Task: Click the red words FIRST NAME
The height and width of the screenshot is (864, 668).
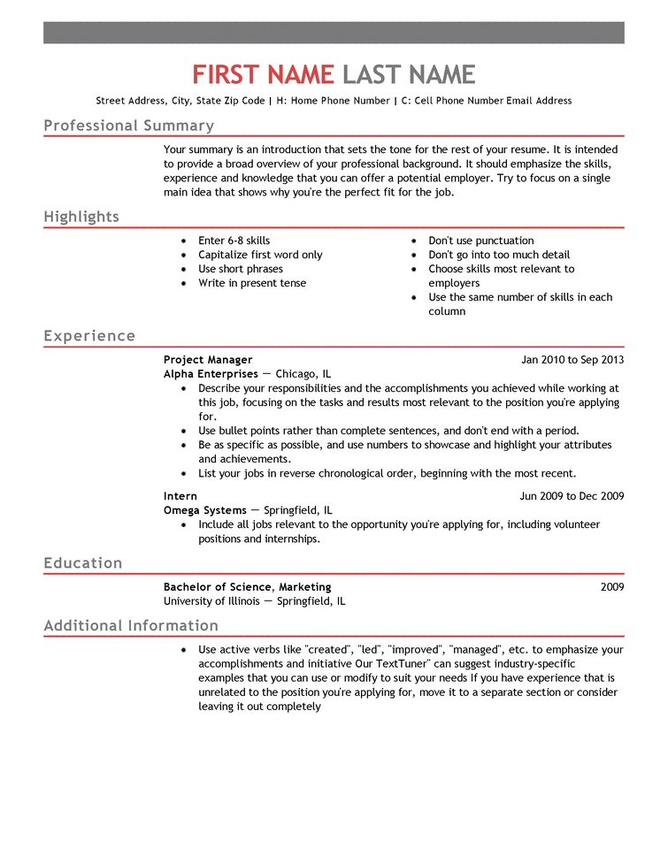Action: tap(263, 74)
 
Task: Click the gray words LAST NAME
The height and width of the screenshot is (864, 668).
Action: tap(409, 74)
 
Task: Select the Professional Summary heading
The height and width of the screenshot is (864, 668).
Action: tap(128, 126)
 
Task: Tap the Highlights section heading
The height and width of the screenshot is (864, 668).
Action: tap(81, 217)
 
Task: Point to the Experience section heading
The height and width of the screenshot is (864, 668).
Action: tap(89, 336)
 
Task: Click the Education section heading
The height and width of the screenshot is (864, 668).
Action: tap(83, 563)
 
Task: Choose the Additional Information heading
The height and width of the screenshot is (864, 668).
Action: tap(131, 626)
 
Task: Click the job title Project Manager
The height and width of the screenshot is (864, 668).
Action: tap(208, 360)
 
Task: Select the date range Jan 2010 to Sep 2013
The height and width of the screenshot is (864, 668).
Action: tap(572, 360)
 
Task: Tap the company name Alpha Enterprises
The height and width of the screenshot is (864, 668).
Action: tap(211, 374)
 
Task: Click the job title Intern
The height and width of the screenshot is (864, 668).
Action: tap(180, 496)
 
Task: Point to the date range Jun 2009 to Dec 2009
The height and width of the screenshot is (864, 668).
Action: tap(572, 496)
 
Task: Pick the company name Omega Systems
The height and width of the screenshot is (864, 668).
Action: tap(205, 510)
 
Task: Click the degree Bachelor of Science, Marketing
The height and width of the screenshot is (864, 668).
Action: tap(248, 587)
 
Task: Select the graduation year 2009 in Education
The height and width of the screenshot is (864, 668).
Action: tap(611, 587)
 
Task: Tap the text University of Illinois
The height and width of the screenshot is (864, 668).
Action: tap(211, 601)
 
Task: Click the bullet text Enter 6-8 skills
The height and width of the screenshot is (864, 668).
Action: tap(234, 241)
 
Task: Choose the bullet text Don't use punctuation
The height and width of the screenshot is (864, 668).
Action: tap(481, 241)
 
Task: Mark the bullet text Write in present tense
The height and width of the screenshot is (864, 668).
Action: tap(252, 283)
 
